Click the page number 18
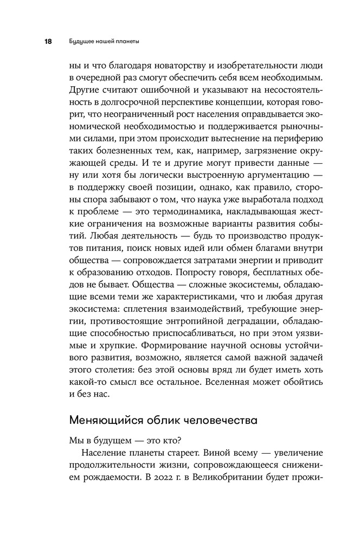[48, 41]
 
